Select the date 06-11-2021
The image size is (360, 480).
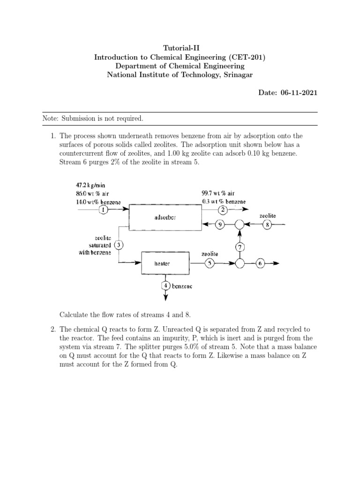[x=298, y=93]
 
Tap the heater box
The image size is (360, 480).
[x=162, y=263]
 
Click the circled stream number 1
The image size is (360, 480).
[x=104, y=210]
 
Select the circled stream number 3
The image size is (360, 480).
[x=119, y=245]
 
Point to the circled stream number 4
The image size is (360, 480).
[x=165, y=285]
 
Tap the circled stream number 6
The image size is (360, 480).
[x=260, y=263]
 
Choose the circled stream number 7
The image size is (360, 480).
[x=240, y=246]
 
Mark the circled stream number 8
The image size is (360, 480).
[x=267, y=225]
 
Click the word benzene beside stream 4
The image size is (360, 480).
[x=181, y=286]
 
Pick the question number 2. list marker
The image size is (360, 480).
[x=53, y=330]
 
